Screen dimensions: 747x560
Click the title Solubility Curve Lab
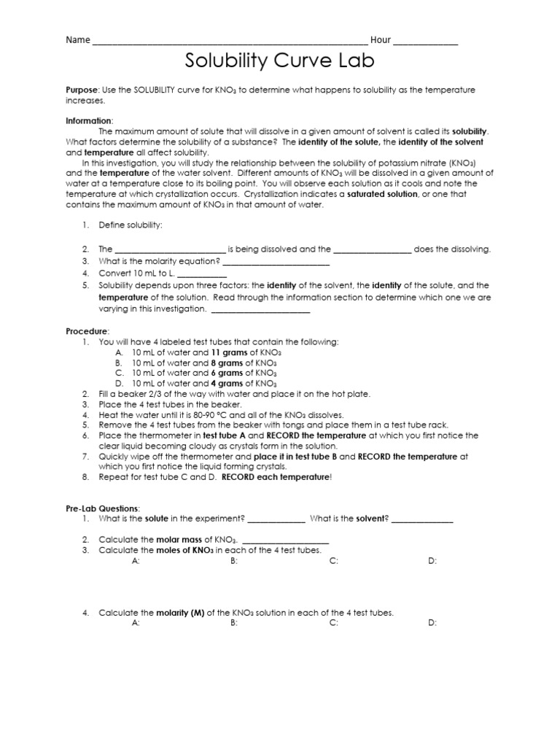click(x=279, y=61)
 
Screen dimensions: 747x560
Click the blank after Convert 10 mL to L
click(x=202, y=274)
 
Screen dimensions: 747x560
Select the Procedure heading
click(x=87, y=330)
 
